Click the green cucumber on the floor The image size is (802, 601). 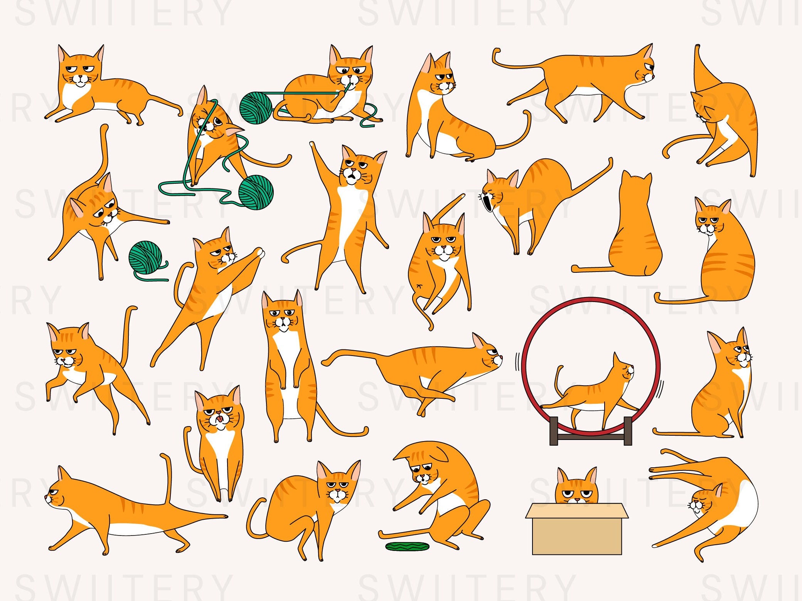(x=408, y=546)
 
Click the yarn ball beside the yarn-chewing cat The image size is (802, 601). (x=256, y=107)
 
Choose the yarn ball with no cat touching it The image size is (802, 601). (x=145, y=257)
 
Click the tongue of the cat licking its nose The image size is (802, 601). (x=219, y=418)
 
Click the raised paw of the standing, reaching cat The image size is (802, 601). (x=313, y=146)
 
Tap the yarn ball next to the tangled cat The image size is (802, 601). (x=256, y=192)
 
